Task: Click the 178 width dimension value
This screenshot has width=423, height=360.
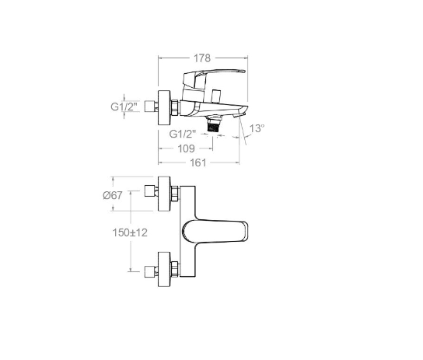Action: click(x=202, y=58)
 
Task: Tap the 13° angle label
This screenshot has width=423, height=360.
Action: click(x=257, y=128)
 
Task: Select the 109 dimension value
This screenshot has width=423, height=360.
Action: click(x=186, y=149)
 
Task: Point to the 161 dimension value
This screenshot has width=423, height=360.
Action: click(x=198, y=163)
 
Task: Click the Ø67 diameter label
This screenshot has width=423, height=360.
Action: click(x=113, y=195)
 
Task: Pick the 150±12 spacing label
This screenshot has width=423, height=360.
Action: click(x=130, y=232)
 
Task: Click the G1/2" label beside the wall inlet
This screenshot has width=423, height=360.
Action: click(x=124, y=107)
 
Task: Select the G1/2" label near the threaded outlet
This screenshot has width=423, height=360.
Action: click(x=183, y=134)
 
